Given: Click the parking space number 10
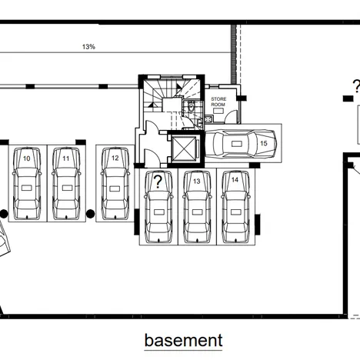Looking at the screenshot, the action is click(27, 158).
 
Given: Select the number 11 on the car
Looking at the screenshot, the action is click(66, 158).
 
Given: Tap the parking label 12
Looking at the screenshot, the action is click(115, 158).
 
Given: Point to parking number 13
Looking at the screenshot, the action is click(197, 182).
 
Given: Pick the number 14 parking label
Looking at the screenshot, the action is click(235, 180).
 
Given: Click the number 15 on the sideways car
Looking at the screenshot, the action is click(264, 143).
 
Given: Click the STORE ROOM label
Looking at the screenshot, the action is click(218, 102).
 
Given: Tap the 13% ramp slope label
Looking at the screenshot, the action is click(88, 47).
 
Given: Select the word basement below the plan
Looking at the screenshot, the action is click(184, 341).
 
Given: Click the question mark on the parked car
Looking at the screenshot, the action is click(158, 182).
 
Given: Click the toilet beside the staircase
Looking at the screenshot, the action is click(192, 106).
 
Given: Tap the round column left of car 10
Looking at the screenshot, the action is click(4, 214).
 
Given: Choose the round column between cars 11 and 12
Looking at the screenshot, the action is click(90, 214).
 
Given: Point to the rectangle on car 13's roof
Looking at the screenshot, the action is click(197, 212).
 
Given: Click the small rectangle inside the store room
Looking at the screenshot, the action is click(218, 111).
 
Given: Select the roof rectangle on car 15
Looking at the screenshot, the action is click(236, 144).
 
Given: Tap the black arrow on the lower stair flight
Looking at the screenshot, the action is click(153, 105).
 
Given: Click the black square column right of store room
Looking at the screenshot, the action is click(242, 98).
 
